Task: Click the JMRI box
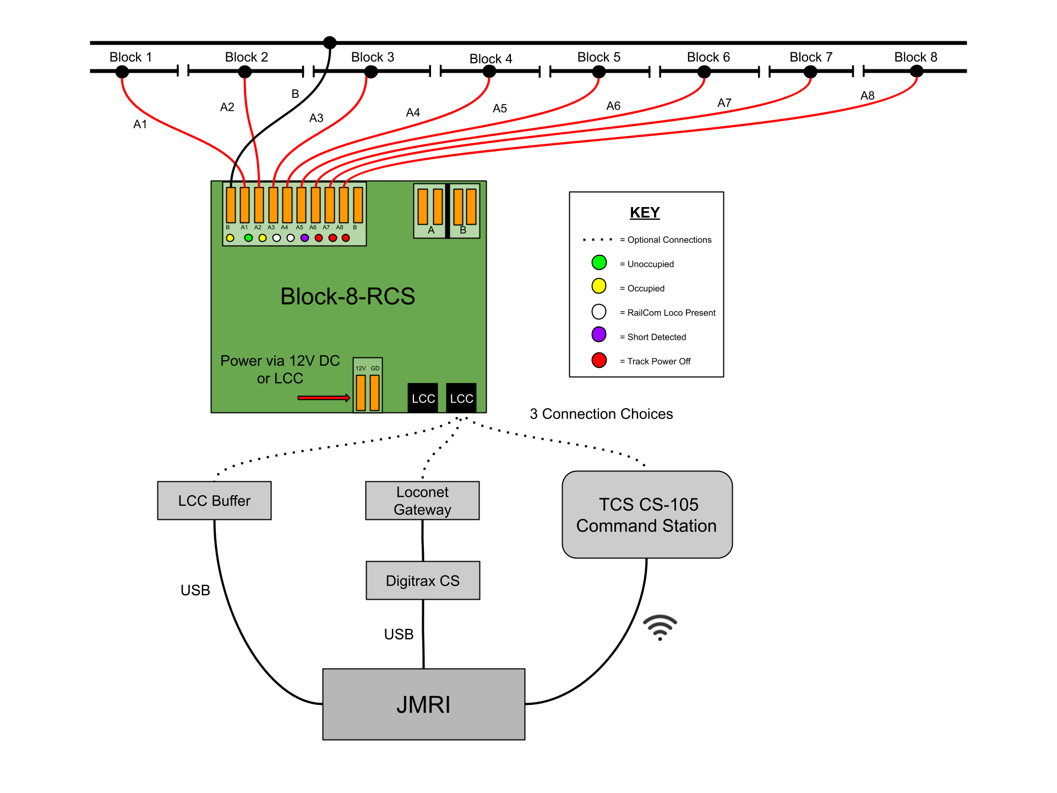coord(423,704)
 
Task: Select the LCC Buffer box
coord(214,501)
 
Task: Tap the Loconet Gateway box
coord(422,501)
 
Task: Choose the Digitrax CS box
coord(423,580)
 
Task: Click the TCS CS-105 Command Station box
coord(647,514)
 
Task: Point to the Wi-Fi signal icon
coord(660,625)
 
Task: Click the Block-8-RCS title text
coord(347,296)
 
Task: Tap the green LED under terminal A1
coord(248,238)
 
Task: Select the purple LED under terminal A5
coord(304,238)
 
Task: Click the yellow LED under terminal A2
coord(263,238)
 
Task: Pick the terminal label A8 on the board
coord(340,227)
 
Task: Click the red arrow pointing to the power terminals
coord(324,398)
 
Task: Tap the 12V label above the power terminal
coord(361,368)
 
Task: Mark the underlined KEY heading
coord(645,213)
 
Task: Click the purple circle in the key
coord(599,334)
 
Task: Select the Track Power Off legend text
coord(658,361)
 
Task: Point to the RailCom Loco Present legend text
coord(671,313)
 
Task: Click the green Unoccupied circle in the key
coord(599,263)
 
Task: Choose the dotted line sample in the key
coord(598,240)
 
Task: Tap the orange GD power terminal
coord(375,393)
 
